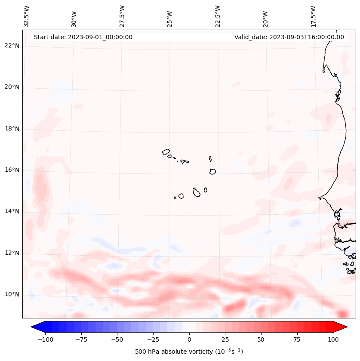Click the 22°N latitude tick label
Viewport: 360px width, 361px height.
click(x=12, y=46)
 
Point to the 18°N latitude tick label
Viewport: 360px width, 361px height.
click(x=12, y=129)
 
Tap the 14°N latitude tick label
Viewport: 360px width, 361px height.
click(x=12, y=211)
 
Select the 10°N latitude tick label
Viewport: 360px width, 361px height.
click(x=12, y=294)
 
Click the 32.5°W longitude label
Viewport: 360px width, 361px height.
click(x=27, y=16)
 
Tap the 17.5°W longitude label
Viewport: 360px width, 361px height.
click(x=313, y=16)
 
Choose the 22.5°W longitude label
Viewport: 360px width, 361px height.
click(x=218, y=16)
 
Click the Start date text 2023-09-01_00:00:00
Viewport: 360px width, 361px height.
click(x=83, y=37)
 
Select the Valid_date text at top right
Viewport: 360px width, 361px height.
click(x=289, y=37)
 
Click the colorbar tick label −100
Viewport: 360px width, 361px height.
click(x=44, y=339)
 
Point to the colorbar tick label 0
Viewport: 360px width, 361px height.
click(x=189, y=339)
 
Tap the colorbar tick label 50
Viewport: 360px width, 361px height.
click(x=261, y=339)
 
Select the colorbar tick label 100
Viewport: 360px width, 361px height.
click(x=333, y=339)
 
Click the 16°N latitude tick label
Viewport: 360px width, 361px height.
click(x=12, y=170)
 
